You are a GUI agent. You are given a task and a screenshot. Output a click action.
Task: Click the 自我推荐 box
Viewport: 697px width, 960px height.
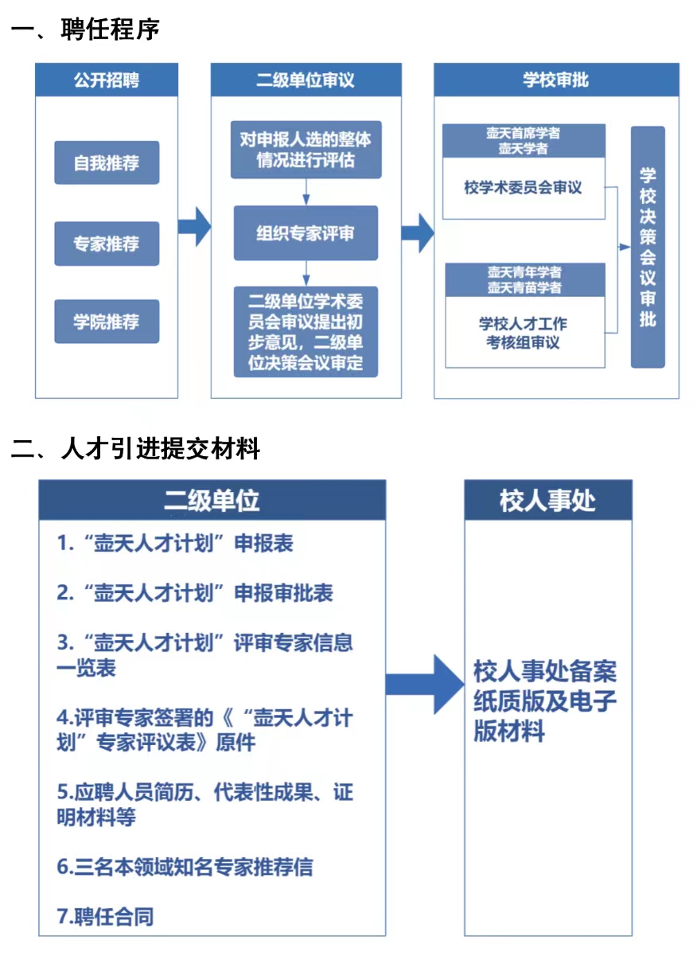click(107, 163)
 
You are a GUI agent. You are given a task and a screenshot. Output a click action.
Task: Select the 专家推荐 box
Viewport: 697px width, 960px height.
click(107, 244)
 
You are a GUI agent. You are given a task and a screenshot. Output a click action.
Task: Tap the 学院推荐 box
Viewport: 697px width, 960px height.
click(107, 322)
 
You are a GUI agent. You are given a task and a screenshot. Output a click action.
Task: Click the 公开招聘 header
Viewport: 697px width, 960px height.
click(107, 80)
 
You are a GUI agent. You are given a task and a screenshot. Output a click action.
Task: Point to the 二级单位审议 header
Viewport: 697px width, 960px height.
click(306, 80)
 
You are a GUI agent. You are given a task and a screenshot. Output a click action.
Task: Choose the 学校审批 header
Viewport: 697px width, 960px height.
click(555, 80)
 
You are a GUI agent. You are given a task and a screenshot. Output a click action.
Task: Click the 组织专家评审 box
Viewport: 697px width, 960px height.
click(306, 233)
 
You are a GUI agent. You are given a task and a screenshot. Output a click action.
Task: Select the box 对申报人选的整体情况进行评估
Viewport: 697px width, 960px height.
click(306, 150)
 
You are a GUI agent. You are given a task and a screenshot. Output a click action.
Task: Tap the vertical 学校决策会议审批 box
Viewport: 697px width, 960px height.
click(648, 247)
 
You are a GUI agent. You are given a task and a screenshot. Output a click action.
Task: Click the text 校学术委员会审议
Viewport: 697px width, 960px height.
click(524, 188)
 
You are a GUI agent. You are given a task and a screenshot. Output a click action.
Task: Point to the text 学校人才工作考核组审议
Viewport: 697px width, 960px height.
click(524, 333)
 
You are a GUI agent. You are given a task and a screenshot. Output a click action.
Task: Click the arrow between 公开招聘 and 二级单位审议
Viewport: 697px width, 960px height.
click(193, 228)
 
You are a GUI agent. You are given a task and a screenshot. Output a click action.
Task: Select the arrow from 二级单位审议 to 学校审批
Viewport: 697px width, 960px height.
click(416, 233)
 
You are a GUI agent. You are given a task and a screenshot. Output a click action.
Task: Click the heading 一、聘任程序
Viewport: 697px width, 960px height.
click(86, 30)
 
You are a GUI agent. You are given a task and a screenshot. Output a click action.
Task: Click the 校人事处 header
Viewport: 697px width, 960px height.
click(548, 501)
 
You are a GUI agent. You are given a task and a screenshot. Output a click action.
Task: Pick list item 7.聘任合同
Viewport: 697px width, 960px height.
click(105, 916)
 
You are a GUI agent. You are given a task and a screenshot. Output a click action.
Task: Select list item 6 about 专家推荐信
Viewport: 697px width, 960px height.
click(185, 867)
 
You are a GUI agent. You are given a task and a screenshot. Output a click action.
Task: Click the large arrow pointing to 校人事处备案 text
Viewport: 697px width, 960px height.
click(424, 684)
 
